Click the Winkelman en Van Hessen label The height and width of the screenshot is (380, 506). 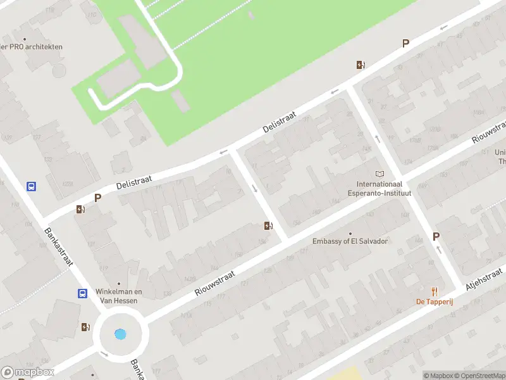(119, 296)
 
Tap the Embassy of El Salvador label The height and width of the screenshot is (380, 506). (350, 241)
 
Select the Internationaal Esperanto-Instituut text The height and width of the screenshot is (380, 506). (379, 188)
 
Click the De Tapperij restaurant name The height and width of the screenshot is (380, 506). (434, 301)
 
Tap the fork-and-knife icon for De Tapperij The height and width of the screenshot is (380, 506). (434, 291)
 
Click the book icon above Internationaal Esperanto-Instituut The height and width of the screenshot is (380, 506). (379, 174)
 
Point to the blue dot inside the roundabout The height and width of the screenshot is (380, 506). (120, 334)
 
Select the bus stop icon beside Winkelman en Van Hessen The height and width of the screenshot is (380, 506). (82, 293)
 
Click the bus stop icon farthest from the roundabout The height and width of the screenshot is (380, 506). (31, 186)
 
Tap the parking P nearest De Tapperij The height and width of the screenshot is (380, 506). (436, 236)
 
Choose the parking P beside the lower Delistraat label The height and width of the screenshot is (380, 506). (97, 198)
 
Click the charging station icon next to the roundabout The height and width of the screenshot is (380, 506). (85, 327)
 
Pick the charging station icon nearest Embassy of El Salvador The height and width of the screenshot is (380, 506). (268, 225)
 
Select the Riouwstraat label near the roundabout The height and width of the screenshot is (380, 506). (215, 283)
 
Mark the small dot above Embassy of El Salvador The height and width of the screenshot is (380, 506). (350, 234)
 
